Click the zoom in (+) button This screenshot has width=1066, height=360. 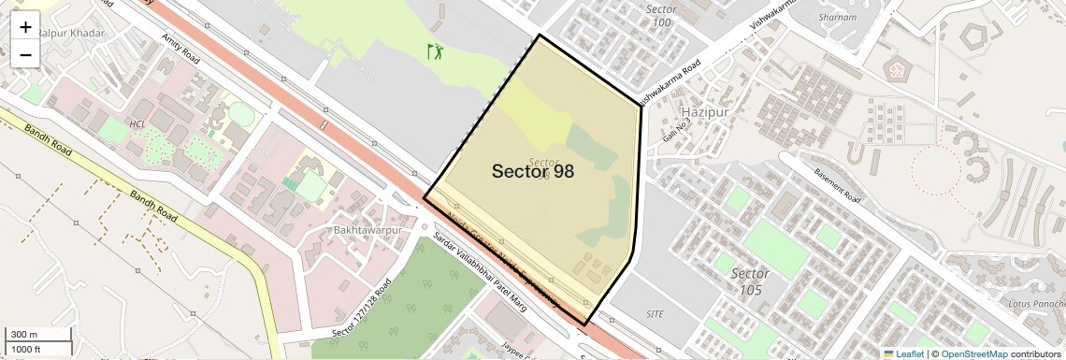click(25, 27)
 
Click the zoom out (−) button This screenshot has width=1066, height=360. click(25, 55)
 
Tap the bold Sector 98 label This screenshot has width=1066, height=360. click(533, 171)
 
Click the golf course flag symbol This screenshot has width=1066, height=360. click(435, 51)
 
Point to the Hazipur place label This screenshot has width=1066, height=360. click(704, 112)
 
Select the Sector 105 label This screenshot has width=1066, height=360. click(750, 281)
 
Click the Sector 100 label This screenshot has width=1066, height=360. click(660, 16)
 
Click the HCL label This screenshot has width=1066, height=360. click(137, 123)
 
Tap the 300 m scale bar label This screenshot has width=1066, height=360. click(24, 334)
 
